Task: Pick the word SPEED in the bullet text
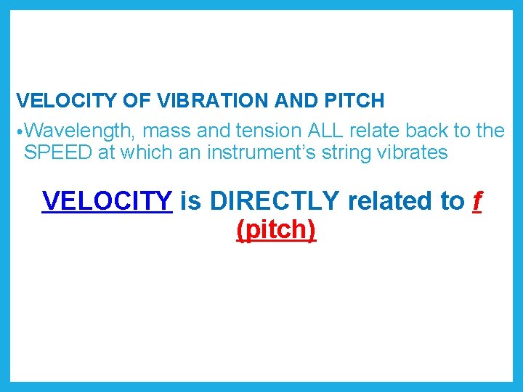point(57,153)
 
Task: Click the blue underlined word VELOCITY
point(108,200)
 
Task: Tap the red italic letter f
point(477,200)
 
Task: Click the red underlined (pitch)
point(276,230)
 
